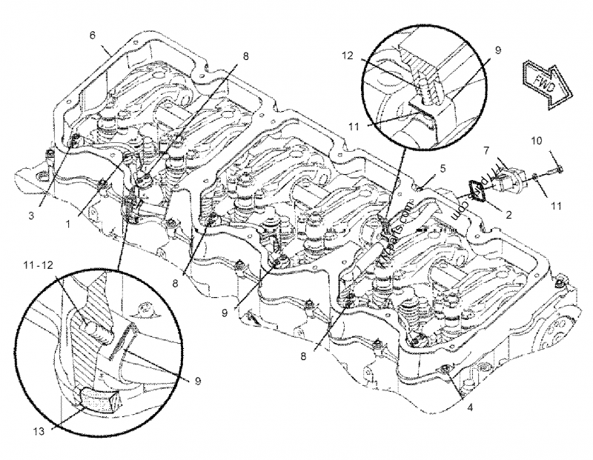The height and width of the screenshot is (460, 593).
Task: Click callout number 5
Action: click(x=442, y=168)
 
